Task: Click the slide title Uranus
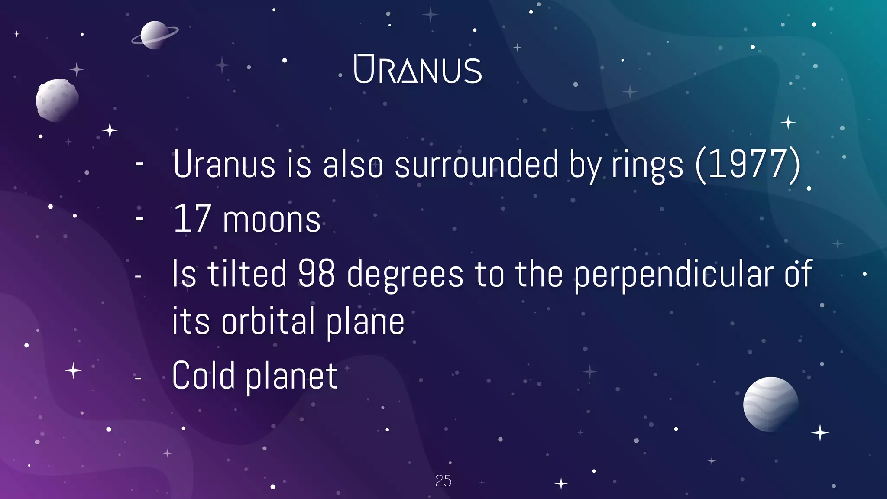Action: point(418,69)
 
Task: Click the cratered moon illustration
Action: point(57,100)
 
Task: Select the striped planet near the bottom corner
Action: point(770,404)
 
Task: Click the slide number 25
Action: point(443,481)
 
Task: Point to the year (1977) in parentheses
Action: point(748,165)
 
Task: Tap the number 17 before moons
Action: point(192,219)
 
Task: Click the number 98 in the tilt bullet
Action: point(316,274)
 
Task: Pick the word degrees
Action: point(405,275)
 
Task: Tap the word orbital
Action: point(268,321)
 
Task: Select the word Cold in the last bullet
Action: point(203,375)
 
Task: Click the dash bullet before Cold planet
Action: point(138,379)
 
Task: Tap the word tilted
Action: point(247,274)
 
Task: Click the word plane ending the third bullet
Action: point(365,322)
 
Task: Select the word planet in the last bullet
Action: point(291,377)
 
